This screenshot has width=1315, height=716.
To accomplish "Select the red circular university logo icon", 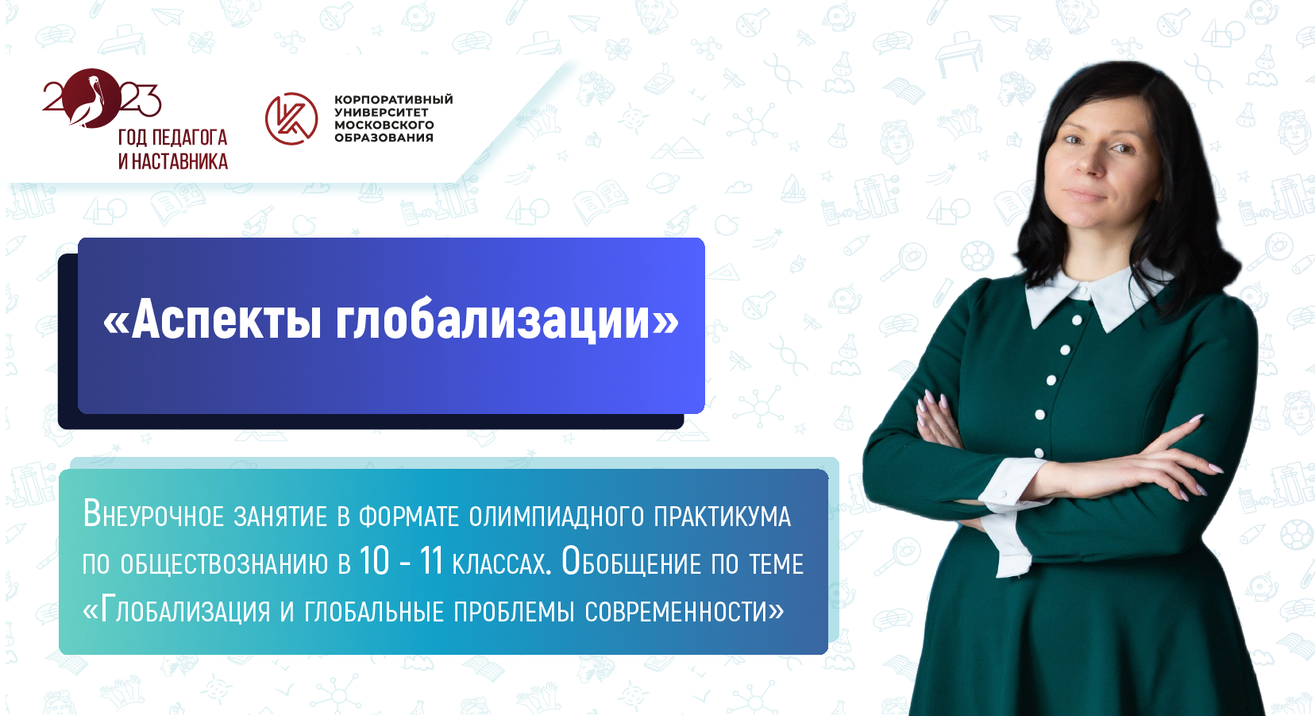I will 291,119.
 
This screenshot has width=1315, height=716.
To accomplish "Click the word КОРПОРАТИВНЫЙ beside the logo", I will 393,99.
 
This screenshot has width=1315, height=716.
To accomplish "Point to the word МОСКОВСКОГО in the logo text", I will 384,125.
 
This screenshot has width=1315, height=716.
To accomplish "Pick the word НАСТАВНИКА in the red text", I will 180,162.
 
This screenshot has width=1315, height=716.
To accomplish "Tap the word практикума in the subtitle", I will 722,517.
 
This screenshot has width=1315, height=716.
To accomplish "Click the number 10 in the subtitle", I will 374,562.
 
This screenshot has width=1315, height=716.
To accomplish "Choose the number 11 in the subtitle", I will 430,562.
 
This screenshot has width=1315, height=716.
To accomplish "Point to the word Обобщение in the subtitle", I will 631,563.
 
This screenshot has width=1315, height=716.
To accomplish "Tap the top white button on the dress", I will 1077,321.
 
